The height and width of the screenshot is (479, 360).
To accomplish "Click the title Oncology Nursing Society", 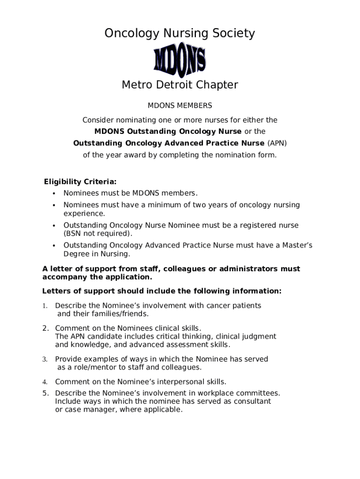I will click(180, 34).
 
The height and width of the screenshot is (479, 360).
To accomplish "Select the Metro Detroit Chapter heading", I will click(180, 85).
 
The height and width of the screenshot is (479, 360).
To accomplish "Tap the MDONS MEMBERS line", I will click(180, 106).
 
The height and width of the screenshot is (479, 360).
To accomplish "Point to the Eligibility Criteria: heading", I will click(80, 181).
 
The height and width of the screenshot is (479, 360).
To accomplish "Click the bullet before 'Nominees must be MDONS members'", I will click(54, 194).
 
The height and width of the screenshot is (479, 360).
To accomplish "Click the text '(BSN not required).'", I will click(98, 233).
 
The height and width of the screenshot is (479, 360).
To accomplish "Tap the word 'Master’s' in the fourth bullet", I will click(296, 245).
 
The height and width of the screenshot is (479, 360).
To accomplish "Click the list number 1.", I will click(45, 306).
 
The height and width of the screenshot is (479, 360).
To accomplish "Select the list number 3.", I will click(45, 359).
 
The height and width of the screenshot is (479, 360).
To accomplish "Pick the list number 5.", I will click(45, 393).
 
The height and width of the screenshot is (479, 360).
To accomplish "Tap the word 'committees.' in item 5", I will click(259, 393).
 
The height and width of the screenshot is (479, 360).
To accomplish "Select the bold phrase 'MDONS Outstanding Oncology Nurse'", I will click(168, 131).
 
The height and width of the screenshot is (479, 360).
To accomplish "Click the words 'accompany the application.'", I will click(97, 276).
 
